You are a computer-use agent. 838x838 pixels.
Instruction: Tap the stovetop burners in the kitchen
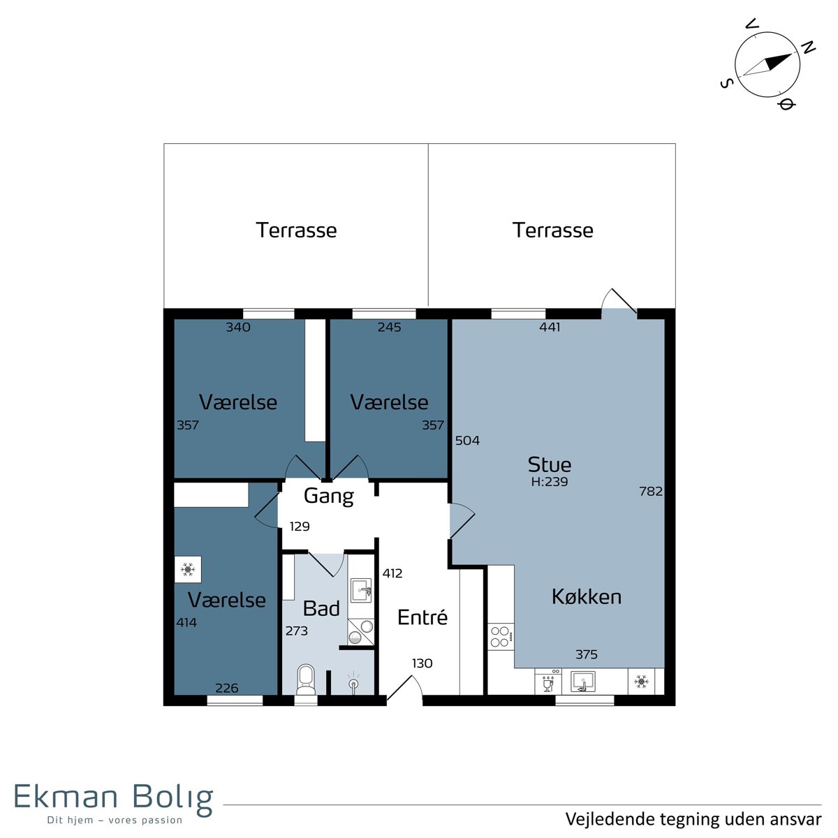(501, 636)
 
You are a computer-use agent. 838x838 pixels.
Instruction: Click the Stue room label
(550, 464)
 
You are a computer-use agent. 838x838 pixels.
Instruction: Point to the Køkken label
(586, 596)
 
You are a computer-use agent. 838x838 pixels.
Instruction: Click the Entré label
(422, 617)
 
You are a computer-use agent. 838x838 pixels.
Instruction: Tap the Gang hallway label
(329, 497)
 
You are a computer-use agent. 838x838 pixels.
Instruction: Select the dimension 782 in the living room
(651, 491)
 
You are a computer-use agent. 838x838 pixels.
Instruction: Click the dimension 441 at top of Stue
(550, 327)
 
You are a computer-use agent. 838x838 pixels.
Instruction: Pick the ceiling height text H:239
(550, 481)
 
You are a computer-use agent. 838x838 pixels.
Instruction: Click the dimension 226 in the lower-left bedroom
(226, 688)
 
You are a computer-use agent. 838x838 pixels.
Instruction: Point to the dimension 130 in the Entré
(422, 663)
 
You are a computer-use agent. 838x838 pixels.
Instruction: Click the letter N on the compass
(808, 48)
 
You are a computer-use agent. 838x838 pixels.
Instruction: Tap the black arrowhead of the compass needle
(777, 61)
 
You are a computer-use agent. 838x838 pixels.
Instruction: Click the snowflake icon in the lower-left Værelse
(187, 569)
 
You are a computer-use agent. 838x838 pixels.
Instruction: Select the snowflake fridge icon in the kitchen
(641, 682)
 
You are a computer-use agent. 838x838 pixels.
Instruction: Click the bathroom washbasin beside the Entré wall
(361, 590)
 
